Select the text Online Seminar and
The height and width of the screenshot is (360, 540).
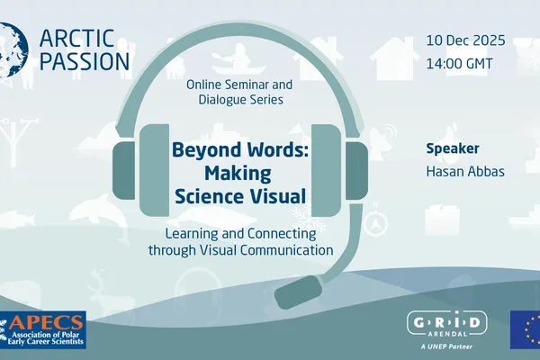pos(234,83)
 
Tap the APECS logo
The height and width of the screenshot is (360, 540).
pos(42,329)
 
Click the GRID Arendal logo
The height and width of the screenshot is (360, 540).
pos(447,325)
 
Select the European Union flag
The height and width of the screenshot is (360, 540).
pos(525,330)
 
